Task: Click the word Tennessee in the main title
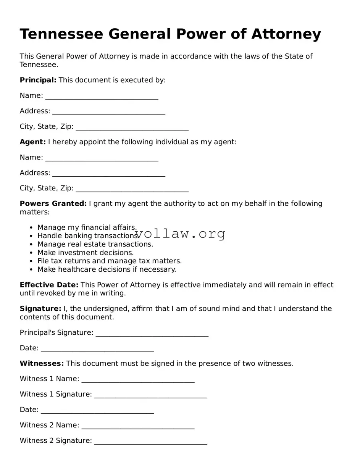61,34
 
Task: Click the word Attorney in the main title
286,34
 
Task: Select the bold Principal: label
38,80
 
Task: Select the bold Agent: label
32,142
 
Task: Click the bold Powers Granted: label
53,204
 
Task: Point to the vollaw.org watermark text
180,234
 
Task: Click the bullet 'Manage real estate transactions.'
95,244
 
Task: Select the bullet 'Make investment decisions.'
86,253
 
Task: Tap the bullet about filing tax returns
110,261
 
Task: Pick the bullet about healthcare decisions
107,269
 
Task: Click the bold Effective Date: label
49,285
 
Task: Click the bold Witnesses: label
42,364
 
